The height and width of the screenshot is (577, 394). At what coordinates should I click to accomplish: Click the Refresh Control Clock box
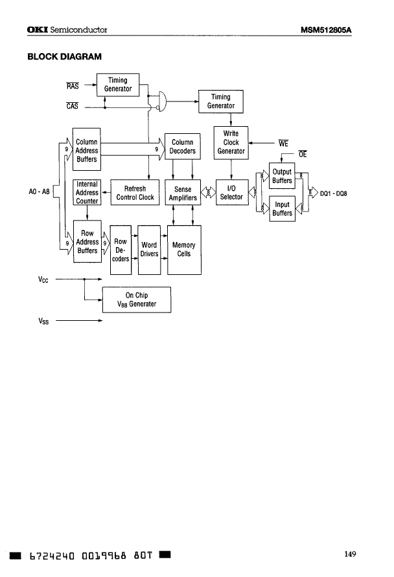[135, 193]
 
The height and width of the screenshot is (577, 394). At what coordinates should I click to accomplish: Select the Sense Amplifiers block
[183, 193]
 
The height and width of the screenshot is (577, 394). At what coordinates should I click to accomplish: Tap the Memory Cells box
[183, 249]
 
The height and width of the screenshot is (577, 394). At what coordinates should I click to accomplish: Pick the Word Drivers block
[149, 249]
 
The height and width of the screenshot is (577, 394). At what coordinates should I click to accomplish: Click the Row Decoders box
[121, 250]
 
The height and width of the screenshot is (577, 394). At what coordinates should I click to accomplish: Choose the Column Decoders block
[183, 146]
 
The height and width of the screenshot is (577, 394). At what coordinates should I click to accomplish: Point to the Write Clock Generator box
[231, 142]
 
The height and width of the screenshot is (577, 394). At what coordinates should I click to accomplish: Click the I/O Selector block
[231, 193]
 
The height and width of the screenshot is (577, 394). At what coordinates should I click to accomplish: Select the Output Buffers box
[282, 176]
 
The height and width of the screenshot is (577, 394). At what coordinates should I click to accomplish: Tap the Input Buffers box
[282, 208]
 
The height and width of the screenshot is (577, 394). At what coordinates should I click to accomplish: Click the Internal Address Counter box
[87, 192]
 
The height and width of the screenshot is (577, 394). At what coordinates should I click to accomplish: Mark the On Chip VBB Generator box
[137, 299]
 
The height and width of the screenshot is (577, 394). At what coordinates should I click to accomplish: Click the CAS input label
[73, 106]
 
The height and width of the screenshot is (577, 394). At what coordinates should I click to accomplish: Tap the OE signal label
[302, 155]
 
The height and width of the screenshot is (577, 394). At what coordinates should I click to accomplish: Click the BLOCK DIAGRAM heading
[64, 56]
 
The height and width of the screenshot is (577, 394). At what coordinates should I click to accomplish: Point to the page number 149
[350, 554]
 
